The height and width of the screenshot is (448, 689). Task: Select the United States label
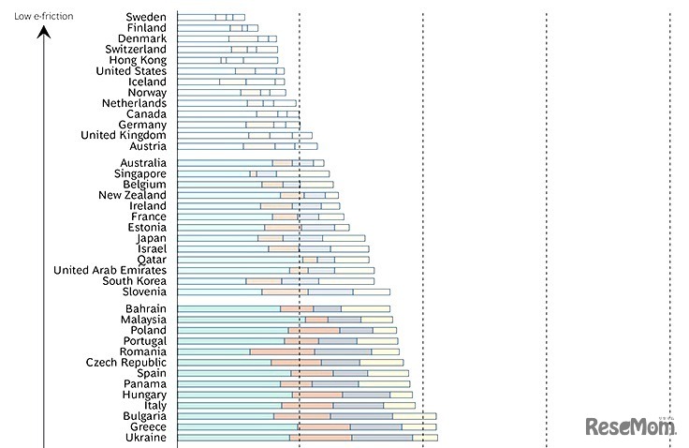[x=131, y=71]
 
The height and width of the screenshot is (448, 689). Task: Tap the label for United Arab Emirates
[x=110, y=270]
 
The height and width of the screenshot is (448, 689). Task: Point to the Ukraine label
[x=145, y=438]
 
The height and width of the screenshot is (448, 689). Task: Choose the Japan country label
[x=151, y=238]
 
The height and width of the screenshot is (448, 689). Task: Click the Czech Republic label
[x=125, y=363]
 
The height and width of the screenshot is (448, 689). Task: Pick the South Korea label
[x=134, y=281]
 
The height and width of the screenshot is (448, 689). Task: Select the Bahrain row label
[x=145, y=308]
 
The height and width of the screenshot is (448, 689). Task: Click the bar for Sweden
[x=211, y=17]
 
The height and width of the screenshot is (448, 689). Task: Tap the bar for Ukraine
[x=307, y=438]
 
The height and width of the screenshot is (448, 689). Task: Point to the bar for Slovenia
[x=284, y=291]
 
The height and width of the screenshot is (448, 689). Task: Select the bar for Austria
[x=247, y=146]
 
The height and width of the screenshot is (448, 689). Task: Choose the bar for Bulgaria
[x=306, y=416]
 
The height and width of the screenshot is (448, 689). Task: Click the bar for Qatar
[x=272, y=260]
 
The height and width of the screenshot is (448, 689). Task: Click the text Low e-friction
[x=43, y=17]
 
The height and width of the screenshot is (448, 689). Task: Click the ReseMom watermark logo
[x=630, y=428]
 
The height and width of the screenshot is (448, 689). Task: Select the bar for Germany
[x=239, y=125]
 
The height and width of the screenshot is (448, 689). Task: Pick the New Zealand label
[x=132, y=195]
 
